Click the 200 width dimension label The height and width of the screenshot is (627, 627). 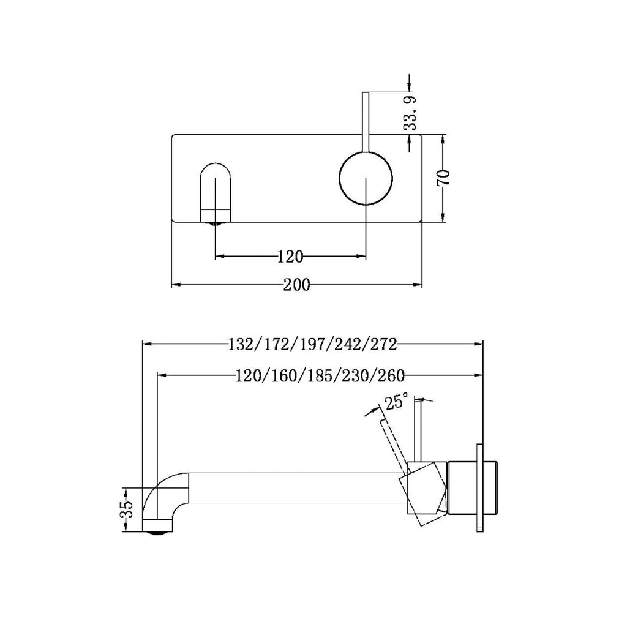coord(296,285)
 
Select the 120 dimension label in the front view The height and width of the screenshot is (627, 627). coord(290,257)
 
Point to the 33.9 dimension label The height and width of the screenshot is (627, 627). coord(410,113)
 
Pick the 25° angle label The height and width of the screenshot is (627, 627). coord(396,402)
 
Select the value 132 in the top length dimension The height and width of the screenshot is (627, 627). coord(239,344)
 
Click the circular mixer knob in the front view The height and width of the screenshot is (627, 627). coord(366,178)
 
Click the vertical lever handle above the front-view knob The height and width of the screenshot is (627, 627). coord(366,119)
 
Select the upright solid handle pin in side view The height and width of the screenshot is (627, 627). coord(419,429)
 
